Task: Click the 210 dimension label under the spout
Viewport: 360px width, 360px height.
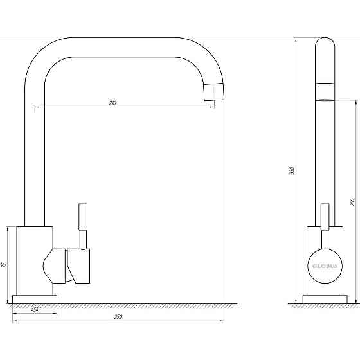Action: (114, 103)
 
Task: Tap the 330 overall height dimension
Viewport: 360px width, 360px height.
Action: (291, 171)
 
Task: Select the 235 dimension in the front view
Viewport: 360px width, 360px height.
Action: (352, 201)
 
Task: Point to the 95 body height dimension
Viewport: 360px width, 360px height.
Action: (4, 264)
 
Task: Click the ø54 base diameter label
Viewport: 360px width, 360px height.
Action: (35, 310)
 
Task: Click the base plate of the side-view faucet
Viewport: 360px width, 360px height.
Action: (35, 299)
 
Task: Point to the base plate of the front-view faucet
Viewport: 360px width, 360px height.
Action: (324, 299)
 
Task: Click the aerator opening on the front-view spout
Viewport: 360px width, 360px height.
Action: (325, 100)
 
